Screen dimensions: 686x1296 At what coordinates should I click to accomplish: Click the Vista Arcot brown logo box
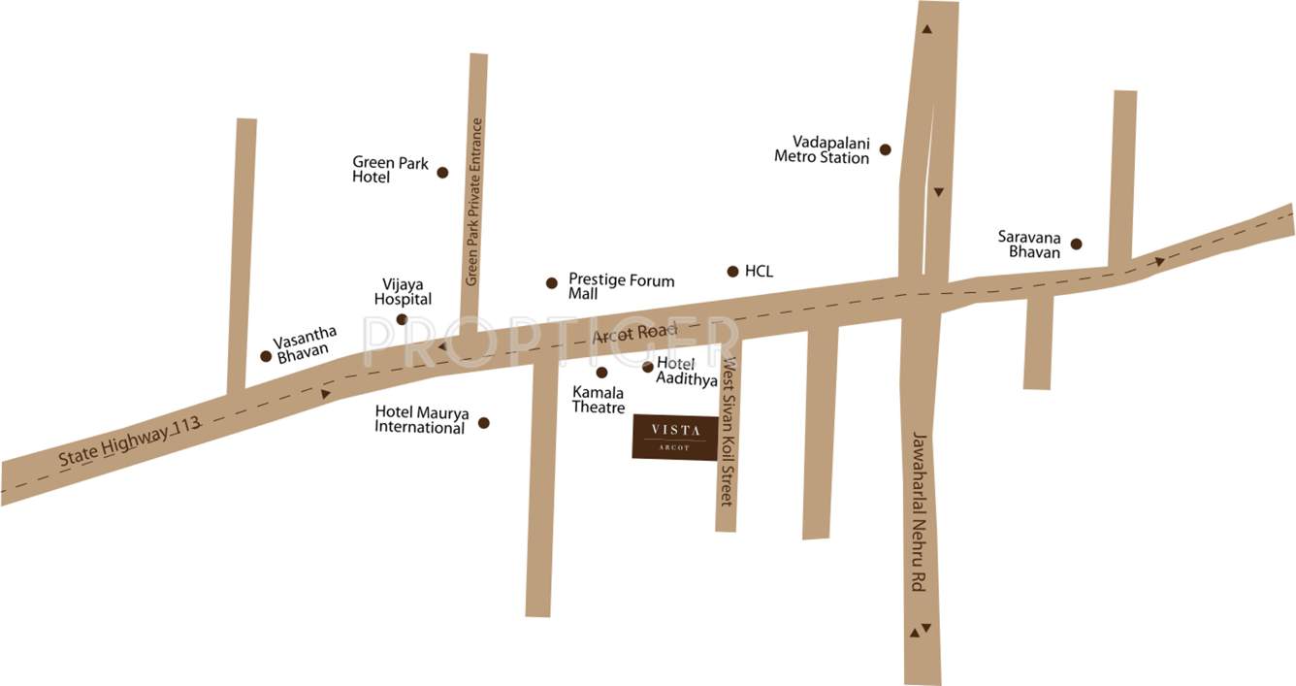[x=675, y=437]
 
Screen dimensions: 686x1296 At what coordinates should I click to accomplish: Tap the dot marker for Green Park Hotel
[x=442, y=173]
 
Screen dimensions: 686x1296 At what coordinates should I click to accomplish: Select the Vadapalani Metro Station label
[x=822, y=149]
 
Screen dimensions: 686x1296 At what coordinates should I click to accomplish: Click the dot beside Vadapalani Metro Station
[x=885, y=149]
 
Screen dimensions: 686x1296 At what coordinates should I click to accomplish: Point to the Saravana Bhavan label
[x=1030, y=244]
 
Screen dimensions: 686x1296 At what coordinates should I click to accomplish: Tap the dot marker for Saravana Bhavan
[x=1076, y=244]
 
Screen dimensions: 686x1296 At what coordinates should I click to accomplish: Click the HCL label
[x=759, y=272]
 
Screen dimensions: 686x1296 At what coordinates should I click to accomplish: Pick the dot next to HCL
[x=732, y=272]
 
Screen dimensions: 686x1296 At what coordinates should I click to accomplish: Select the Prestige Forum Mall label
[x=621, y=286]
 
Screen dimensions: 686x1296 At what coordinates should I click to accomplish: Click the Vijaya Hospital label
[x=403, y=292]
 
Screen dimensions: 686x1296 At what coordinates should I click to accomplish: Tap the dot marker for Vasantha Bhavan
[x=266, y=356]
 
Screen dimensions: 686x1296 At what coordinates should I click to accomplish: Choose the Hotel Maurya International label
[x=422, y=420]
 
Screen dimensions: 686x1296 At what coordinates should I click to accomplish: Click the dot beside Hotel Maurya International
[x=484, y=423]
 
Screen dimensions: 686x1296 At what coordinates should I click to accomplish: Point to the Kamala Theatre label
[x=599, y=399]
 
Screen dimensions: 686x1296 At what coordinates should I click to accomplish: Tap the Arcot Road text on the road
[x=633, y=333]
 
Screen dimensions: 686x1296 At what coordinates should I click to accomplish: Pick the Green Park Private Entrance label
[x=474, y=202]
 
